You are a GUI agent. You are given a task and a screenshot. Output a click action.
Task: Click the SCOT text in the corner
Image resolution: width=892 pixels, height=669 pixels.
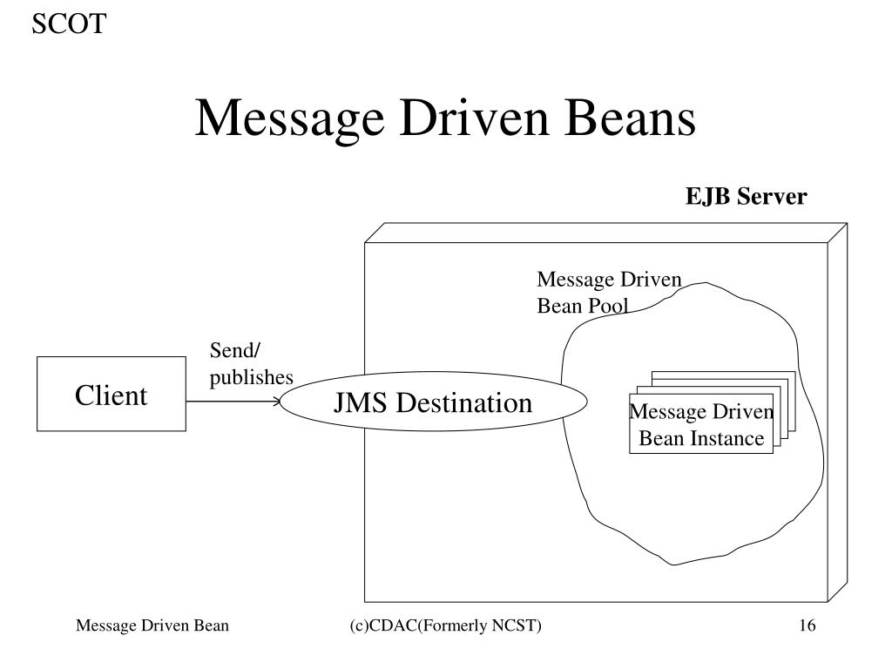[69, 24]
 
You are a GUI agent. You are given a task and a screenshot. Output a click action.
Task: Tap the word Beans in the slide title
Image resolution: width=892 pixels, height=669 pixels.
[633, 118]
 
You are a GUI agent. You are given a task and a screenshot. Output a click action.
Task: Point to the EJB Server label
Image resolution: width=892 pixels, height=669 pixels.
[746, 197]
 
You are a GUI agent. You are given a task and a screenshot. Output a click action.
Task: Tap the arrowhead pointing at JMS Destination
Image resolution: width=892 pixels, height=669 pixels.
[278, 402]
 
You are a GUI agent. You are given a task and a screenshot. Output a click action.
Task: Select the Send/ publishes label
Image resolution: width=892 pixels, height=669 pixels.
[251, 364]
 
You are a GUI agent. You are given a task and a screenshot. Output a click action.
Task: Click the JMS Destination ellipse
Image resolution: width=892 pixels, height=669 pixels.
[433, 403]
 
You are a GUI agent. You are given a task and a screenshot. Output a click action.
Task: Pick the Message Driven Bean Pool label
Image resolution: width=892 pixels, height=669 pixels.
[608, 292]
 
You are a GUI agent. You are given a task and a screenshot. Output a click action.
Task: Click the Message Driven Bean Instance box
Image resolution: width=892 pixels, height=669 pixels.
[701, 425]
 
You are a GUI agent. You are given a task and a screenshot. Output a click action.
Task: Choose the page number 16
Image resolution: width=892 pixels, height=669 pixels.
[806, 625]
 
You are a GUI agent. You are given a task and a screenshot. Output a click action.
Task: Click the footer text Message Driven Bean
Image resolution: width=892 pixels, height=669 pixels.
[152, 625]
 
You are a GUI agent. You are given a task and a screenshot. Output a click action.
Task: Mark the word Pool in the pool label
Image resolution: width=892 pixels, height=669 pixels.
[608, 305]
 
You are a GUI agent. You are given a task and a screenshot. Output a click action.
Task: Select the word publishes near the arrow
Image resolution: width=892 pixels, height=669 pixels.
[251, 377]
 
